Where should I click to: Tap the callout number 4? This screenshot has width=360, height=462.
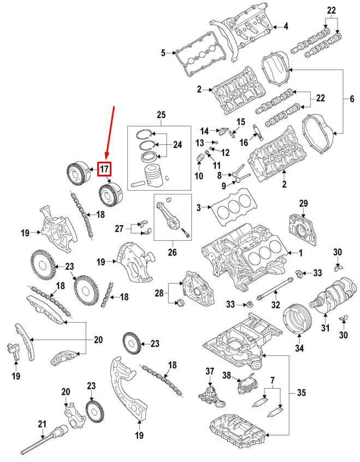pyautogui.click(x=285, y=26)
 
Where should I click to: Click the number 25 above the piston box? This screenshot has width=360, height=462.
pyautogui.click(x=160, y=115)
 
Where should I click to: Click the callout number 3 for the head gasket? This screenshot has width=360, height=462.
pyautogui.click(x=199, y=207)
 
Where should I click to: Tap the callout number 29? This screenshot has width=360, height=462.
pyautogui.click(x=304, y=203)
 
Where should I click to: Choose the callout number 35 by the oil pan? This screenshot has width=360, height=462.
pyautogui.click(x=300, y=392)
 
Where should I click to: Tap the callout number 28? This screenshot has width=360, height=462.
pyautogui.click(x=159, y=294)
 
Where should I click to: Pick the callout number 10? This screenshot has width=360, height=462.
pyautogui.click(x=199, y=176)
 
